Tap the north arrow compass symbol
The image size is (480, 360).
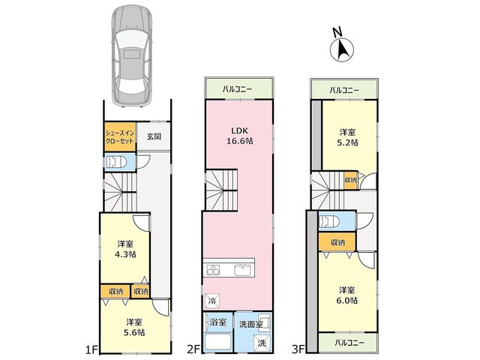tap(342, 49)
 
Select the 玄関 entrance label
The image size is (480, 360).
tap(154, 136)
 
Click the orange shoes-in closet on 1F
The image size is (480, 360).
tap(120, 136)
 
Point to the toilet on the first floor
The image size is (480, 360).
tap(116, 161)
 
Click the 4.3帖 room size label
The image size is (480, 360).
tap(125, 254)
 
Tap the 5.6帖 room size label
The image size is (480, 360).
tap(134, 332)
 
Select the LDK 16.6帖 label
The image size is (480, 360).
tap(240, 136)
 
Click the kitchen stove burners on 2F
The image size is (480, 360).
tap(213, 270)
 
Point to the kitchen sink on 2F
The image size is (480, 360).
tap(242, 270)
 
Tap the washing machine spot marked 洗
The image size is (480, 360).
tap(262, 343)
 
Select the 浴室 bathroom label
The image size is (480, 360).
tap(218, 322)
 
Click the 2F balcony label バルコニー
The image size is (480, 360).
tap(237, 89)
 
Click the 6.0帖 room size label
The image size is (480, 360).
tap(347, 300)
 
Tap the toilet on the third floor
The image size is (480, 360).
tap(329, 221)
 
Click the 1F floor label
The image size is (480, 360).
tap(91, 349)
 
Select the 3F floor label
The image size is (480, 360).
tap(298, 349)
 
